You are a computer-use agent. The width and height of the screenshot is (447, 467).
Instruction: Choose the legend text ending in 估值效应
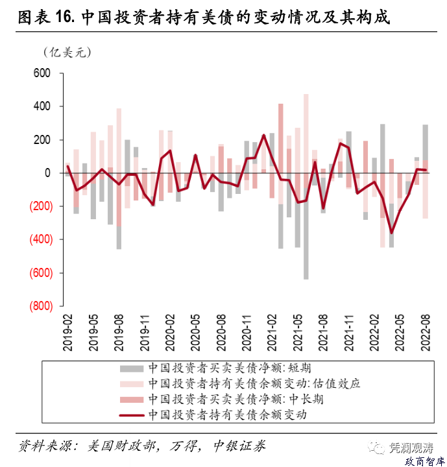[254, 383]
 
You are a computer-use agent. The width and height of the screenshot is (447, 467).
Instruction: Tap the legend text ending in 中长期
[234, 399]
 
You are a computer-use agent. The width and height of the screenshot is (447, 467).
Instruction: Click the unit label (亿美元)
[67, 52]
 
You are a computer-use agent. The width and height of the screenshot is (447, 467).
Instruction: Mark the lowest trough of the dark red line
[391, 232]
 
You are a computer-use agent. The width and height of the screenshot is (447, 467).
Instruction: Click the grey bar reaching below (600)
[306, 259]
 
